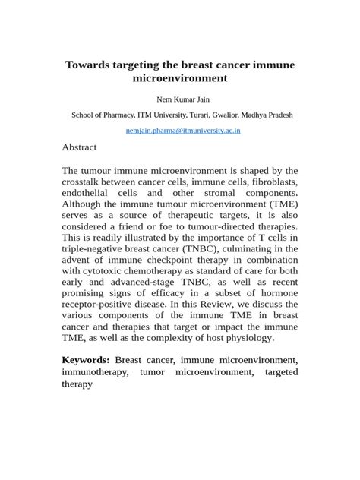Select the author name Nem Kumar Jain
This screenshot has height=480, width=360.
(180, 99)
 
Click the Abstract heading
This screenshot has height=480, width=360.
(79, 147)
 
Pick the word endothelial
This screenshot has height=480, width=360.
(89, 194)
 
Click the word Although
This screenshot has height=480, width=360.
(87, 204)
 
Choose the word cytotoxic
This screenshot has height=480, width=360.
(102, 271)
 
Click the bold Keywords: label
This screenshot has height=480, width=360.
(86, 360)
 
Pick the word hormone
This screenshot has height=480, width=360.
(276, 293)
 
